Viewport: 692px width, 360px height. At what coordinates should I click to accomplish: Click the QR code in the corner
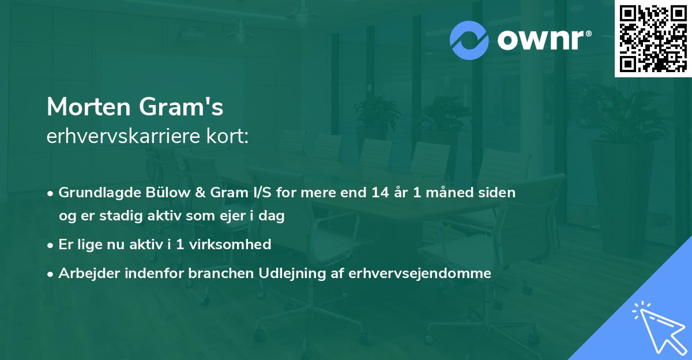[x=652, y=38]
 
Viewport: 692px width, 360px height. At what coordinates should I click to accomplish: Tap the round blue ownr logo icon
[x=469, y=40]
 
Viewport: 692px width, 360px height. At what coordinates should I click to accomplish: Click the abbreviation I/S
[x=244, y=193]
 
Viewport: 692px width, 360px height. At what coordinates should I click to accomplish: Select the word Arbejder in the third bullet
[x=84, y=273]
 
